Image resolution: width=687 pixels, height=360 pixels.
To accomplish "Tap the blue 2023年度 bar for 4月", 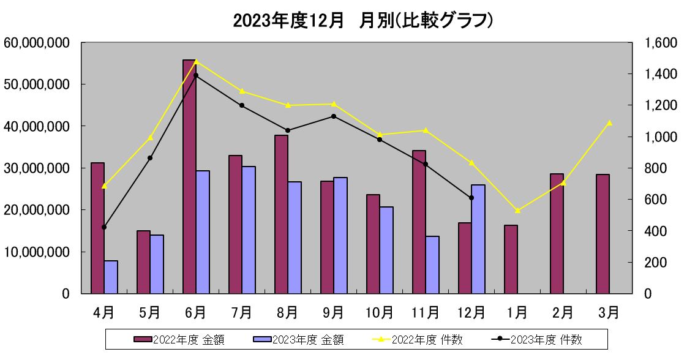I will point(111,277).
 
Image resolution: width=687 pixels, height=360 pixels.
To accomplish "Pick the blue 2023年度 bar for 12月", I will point(478,239).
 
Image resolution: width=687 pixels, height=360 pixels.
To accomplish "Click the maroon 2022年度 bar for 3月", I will point(603,234).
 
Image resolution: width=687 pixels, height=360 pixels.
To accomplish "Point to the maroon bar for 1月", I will point(511,259).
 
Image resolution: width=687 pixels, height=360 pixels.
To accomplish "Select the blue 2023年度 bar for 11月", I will point(432,264).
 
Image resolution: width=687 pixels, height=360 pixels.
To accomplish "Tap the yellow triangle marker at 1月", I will point(517,211).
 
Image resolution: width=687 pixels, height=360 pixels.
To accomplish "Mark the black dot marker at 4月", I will point(104,227).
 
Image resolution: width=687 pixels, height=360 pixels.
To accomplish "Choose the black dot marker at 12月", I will point(471,198).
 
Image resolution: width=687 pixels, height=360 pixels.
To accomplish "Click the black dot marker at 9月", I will point(334,116).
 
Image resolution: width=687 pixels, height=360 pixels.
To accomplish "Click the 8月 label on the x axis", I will point(287,313).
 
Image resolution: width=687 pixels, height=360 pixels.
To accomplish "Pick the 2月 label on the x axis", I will point(563,313).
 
